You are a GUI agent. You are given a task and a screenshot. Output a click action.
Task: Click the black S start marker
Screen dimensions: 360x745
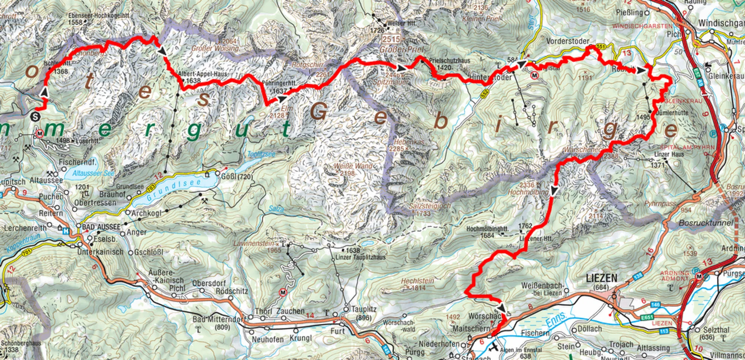pos(36,117)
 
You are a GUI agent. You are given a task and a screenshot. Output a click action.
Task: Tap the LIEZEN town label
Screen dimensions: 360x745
pos(601,278)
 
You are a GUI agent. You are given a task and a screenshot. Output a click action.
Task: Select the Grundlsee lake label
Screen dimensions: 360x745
pos(174,189)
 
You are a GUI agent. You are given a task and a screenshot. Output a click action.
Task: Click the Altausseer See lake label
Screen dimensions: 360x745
pos(93,173)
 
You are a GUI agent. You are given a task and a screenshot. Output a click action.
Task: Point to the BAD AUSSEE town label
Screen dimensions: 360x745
pos(101,227)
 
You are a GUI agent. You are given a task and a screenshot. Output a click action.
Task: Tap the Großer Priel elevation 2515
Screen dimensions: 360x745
pos(391,39)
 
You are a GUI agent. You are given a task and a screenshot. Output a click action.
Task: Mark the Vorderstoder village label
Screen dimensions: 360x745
pos(568,41)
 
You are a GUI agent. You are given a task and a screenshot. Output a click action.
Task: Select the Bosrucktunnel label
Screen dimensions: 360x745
pos(706,223)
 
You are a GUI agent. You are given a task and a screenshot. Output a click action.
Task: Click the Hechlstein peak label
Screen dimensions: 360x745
pos(417,281)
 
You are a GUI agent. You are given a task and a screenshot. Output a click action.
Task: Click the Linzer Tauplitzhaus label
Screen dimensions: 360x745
pos(361,257)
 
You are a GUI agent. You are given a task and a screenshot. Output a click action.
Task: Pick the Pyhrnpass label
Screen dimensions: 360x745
pos(660,204)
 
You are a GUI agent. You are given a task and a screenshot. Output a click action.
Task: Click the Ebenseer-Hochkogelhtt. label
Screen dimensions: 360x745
pos(99,16)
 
